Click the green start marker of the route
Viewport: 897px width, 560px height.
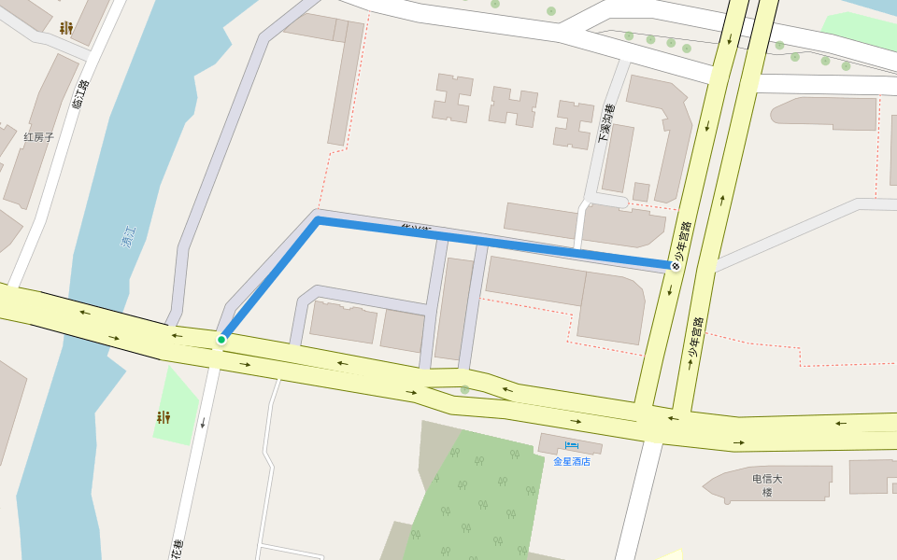click(x=221, y=340)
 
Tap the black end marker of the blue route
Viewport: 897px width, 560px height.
click(x=675, y=266)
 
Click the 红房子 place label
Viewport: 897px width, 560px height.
click(x=39, y=137)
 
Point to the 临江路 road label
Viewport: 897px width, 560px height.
click(x=81, y=94)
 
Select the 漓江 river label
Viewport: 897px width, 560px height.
click(x=129, y=236)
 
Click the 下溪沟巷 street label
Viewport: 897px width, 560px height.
click(x=606, y=124)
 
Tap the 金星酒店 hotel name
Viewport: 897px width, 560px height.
click(x=572, y=461)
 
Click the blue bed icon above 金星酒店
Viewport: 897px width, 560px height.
click(x=572, y=446)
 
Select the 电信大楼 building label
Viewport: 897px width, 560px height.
click(x=767, y=485)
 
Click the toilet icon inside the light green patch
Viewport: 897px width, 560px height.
click(x=164, y=417)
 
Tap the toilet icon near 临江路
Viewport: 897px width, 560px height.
click(x=65, y=28)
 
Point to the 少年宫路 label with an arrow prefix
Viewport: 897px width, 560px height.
click(x=694, y=343)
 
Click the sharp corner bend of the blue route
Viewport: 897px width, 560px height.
click(x=318, y=220)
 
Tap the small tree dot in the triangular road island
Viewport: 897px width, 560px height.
click(x=464, y=390)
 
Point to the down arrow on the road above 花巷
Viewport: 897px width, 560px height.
click(x=202, y=423)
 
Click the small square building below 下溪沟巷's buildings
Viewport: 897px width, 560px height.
click(x=641, y=191)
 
